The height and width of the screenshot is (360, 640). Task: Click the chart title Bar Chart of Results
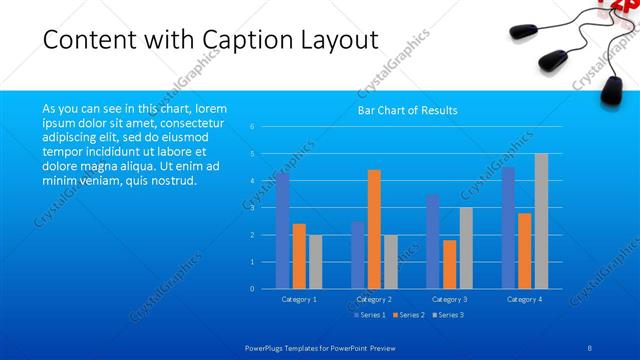[407, 110]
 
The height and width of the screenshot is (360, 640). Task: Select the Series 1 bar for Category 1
[283, 230]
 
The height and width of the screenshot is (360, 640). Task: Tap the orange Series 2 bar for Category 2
[374, 229]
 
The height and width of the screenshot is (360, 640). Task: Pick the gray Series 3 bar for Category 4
[541, 221]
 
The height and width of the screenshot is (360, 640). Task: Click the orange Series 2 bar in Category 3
[449, 264]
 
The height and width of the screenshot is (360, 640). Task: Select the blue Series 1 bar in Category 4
[509, 228]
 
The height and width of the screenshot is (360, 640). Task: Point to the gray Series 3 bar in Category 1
[315, 261]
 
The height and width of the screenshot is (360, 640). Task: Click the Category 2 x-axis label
[373, 299]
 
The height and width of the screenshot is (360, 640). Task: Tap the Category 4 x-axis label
[524, 299]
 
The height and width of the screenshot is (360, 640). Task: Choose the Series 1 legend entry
[369, 315]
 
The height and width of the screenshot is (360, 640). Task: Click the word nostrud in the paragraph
[174, 181]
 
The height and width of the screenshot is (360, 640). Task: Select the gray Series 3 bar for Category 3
[466, 248]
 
